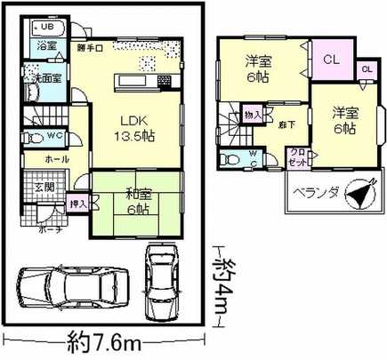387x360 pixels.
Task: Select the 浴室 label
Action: (46, 44)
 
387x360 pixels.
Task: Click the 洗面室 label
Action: (46, 76)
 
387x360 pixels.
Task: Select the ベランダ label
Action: (313, 191)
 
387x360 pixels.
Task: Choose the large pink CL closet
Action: (330, 61)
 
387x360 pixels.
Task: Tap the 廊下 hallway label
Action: (287, 127)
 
